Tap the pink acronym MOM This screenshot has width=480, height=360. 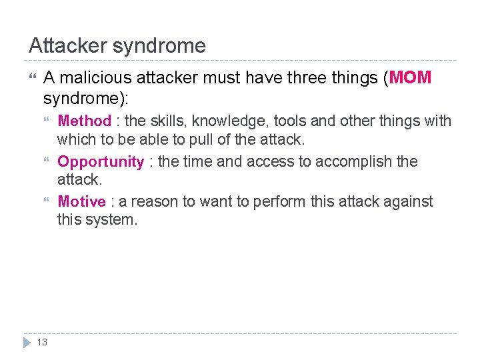(411, 78)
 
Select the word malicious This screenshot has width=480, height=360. (95, 78)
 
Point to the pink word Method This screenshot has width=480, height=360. (84, 121)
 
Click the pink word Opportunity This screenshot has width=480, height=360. (101, 162)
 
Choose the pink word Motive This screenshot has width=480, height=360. (81, 201)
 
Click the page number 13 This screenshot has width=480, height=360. (41, 342)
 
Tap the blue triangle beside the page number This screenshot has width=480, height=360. (27, 342)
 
